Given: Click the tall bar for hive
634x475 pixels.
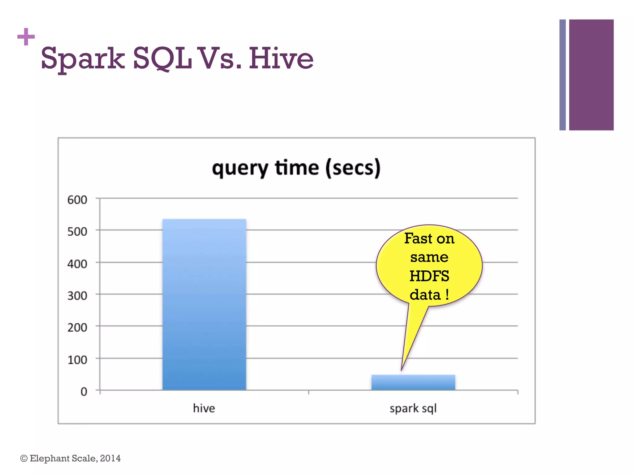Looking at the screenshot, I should (x=204, y=305).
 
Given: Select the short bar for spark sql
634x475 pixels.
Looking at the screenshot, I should (x=413, y=383).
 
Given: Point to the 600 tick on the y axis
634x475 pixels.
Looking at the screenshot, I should (x=77, y=200).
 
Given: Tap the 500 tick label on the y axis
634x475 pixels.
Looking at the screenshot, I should (x=77, y=232).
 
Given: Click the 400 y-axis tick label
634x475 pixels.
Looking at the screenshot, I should (x=77, y=264).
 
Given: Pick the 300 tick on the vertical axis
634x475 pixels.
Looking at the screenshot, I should (x=77, y=296).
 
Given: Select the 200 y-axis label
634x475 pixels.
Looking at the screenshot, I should (x=77, y=327).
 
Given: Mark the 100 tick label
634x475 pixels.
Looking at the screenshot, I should (x=77, y=360).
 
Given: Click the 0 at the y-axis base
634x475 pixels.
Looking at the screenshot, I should (x=84, y=392).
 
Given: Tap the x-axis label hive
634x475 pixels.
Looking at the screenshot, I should (x=204, y=408).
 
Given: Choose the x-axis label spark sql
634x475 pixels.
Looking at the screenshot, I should (x=413, y=409).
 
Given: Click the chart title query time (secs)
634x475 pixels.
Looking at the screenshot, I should (x=296, y=168).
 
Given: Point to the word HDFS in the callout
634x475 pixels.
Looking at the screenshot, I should (x=429, y=276).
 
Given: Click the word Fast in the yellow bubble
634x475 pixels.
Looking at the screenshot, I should (x=418, y=238).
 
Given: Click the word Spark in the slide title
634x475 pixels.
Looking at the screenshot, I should (x=83, y=59).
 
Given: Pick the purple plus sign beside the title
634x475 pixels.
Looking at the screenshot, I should (x=26, y=37).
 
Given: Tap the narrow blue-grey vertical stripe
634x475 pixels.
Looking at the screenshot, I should (x=562, y=75).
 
